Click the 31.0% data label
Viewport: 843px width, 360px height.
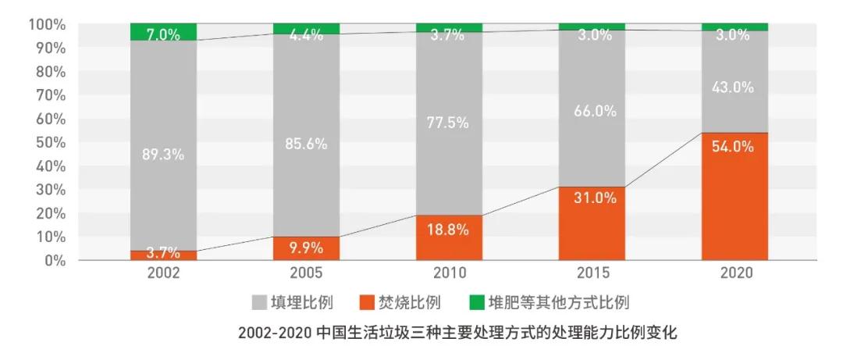(x=592, y=198)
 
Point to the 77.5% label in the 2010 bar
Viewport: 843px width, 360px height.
(x=449, y=123)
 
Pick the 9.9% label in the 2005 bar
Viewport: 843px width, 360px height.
(x=306, y=249)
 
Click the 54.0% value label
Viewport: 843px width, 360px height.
(x=734, y=146)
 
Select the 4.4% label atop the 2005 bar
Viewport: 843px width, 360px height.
(x=306, y=35)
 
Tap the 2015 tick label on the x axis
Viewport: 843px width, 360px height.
(x=592, y=273)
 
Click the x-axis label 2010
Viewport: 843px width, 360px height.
(x=449, y=273)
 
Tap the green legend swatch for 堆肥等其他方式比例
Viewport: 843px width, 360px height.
(x=475, y=301)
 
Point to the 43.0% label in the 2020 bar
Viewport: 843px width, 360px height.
(x=734, y=87)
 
